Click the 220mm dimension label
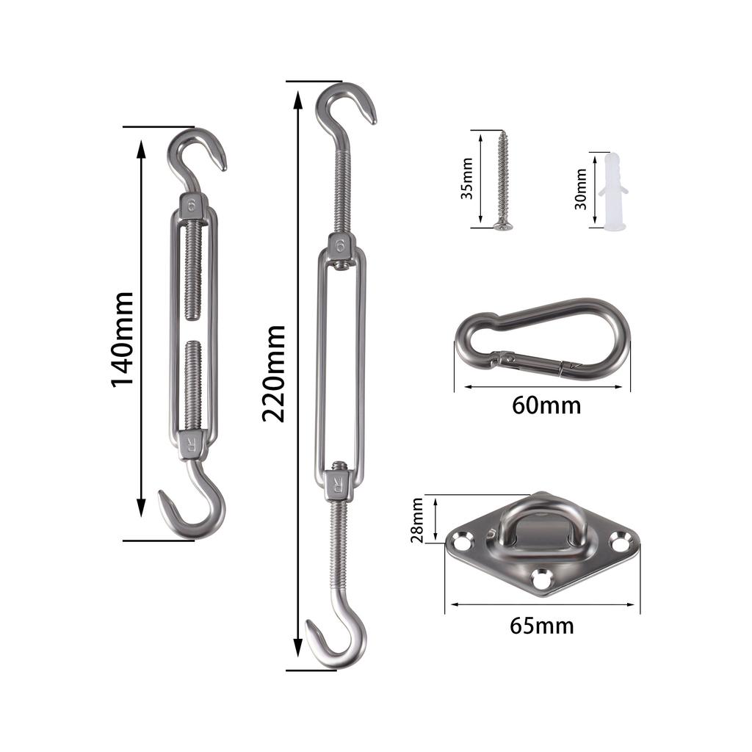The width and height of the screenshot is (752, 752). pos(274,374)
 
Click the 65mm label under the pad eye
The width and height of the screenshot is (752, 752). pos(542,626)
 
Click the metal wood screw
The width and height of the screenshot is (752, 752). pos(504,179)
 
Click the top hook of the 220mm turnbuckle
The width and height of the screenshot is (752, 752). pos(344,109)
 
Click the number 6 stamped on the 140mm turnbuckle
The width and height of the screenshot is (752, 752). pos(192,205)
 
